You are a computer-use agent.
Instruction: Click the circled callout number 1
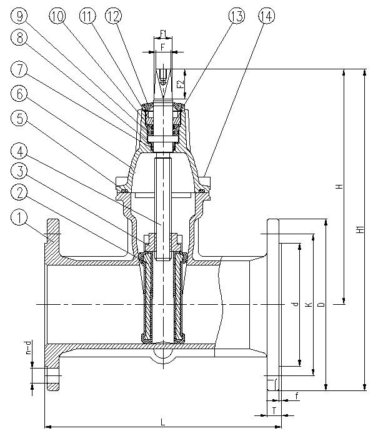click(19, 217)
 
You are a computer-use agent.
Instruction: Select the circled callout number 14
click(266, 16)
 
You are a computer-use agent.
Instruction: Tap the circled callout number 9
click(19, 16)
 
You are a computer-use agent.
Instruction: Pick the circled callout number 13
click(237, 16)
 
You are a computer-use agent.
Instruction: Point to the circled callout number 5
click(19, 118)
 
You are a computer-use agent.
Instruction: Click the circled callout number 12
click(114, 16)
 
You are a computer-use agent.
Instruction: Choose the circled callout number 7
click(19, 69)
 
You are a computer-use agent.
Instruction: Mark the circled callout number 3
click(19, 171)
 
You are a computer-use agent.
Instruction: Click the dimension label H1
click(361, 230)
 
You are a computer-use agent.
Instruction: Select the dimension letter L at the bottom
click(163, 422)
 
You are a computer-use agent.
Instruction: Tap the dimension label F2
click(181, 84)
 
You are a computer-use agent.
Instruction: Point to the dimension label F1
click(163, 34)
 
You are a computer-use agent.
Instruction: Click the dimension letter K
click(308, 305)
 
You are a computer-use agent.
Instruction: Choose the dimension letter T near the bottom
click(274, 410)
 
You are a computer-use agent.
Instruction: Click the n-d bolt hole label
click(28, 348)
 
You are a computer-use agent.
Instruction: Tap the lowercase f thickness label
click(297, 396)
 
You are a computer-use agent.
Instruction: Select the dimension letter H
click(339, 186)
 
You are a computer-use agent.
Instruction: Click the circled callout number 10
click(57, 16)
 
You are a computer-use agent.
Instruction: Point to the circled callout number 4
click(19, 152)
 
